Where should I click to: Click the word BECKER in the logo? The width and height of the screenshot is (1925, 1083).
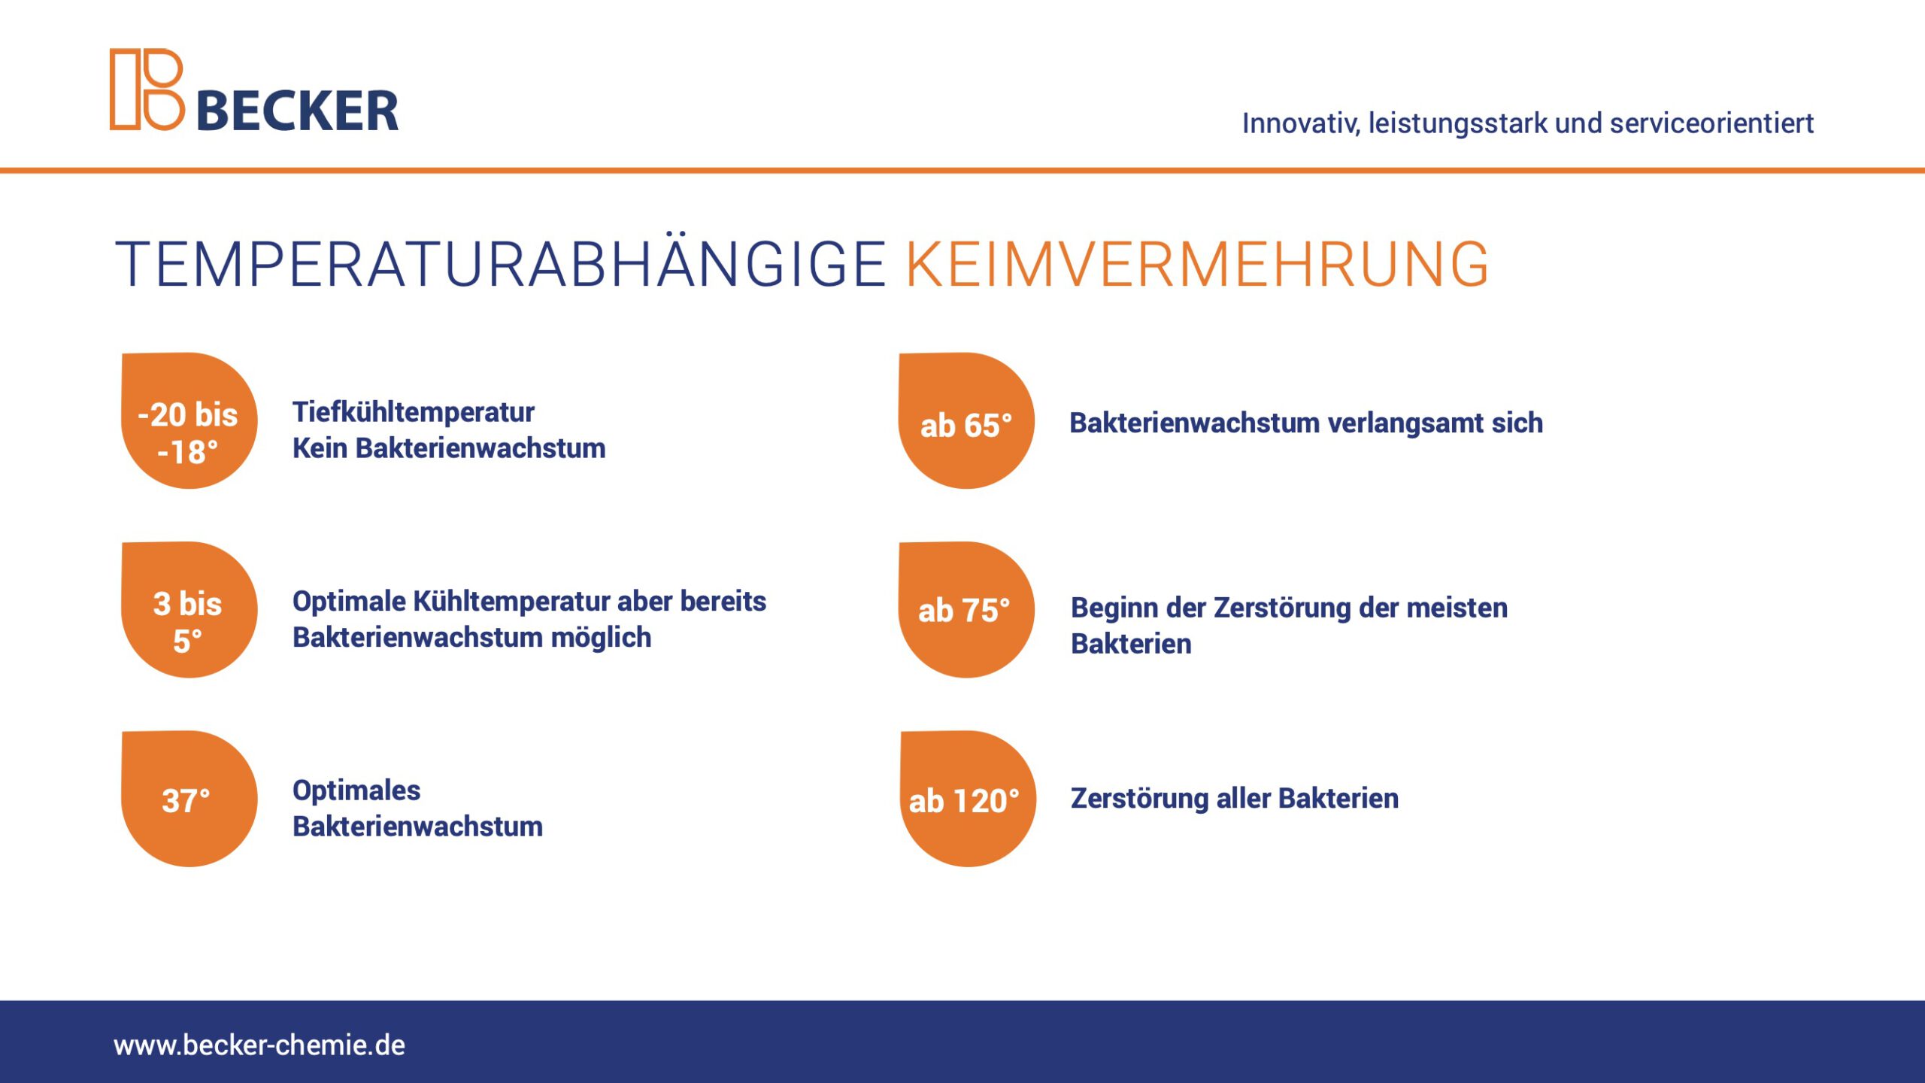298,111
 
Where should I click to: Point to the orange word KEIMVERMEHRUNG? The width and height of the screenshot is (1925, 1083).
1197,264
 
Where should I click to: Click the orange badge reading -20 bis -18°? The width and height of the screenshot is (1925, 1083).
189,420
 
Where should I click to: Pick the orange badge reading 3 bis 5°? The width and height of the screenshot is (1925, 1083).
189,609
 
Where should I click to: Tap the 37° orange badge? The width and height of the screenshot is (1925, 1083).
189,799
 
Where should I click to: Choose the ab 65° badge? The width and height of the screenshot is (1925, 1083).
966,420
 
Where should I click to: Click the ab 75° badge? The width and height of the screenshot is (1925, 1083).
966,609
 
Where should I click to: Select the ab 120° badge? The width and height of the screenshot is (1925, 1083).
968,799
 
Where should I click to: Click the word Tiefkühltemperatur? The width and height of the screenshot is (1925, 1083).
414,412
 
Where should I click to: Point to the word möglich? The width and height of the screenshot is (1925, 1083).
601,638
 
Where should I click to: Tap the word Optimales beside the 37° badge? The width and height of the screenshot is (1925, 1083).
356,790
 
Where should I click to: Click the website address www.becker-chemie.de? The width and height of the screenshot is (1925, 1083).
259,1045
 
